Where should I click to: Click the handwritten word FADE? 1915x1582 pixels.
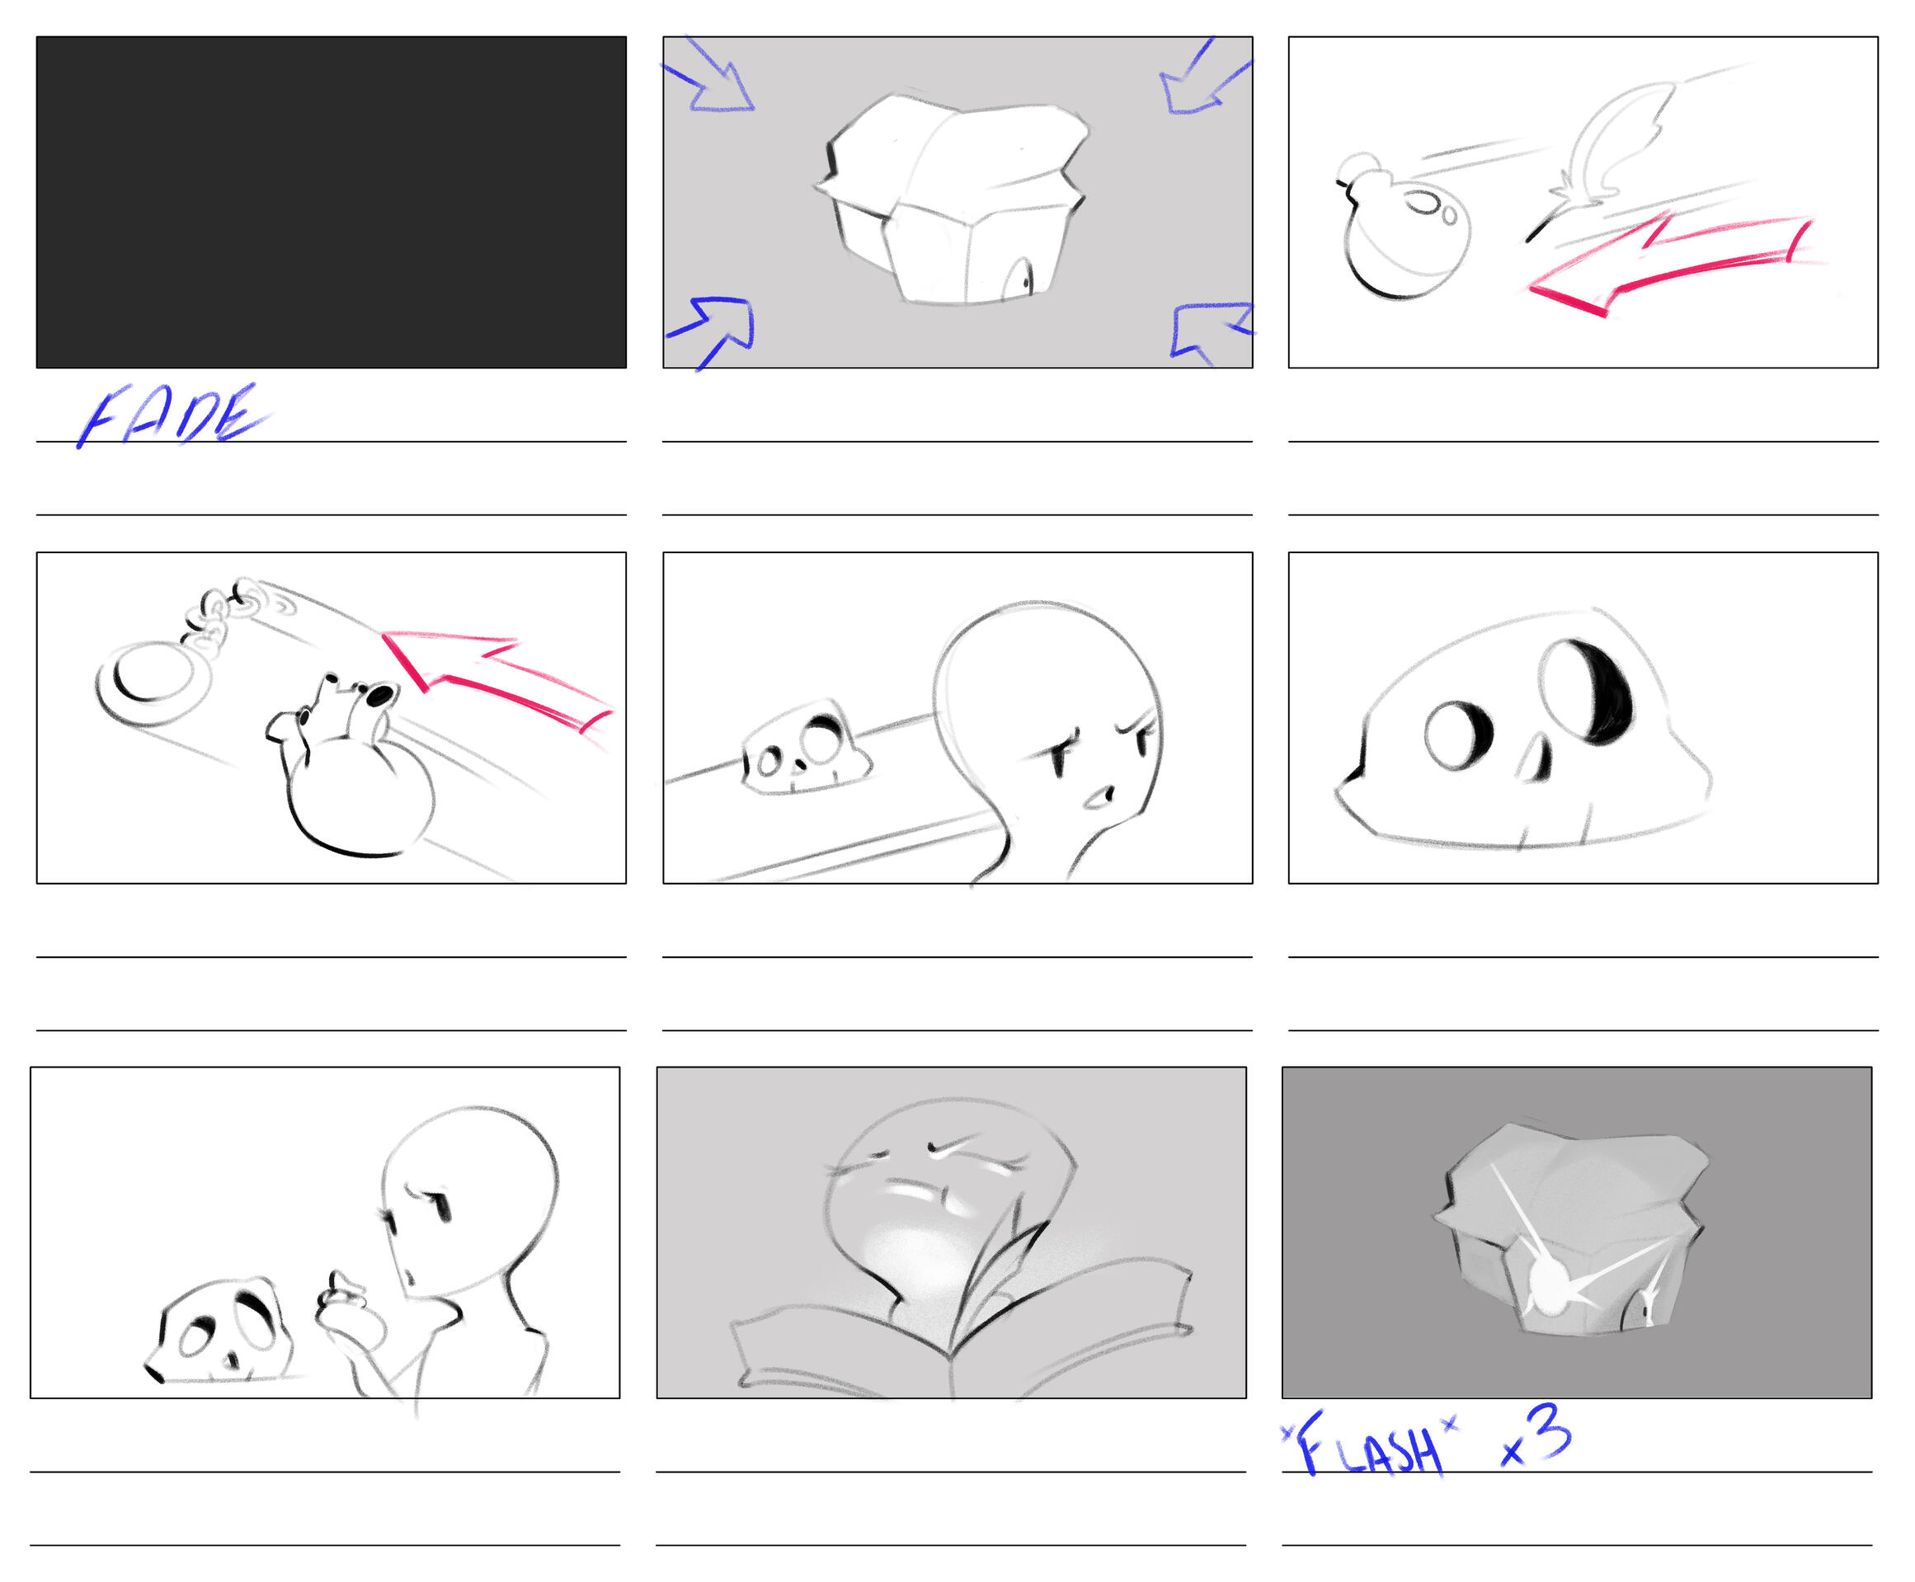pyautogui.click(x=173, y=415)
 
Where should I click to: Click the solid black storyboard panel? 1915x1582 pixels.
pyautogui.click(x=331, y=202)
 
